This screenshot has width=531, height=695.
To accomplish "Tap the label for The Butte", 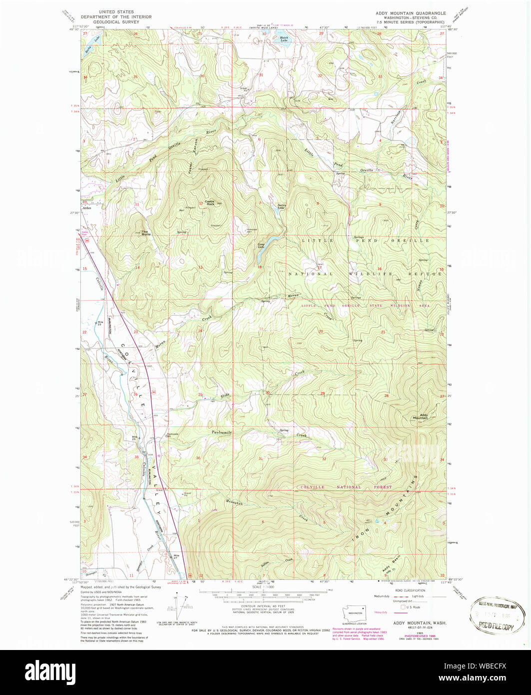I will (145, 232).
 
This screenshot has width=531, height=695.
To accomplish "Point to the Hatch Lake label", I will (284, 38).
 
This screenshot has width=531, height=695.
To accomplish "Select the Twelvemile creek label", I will (222, 432).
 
